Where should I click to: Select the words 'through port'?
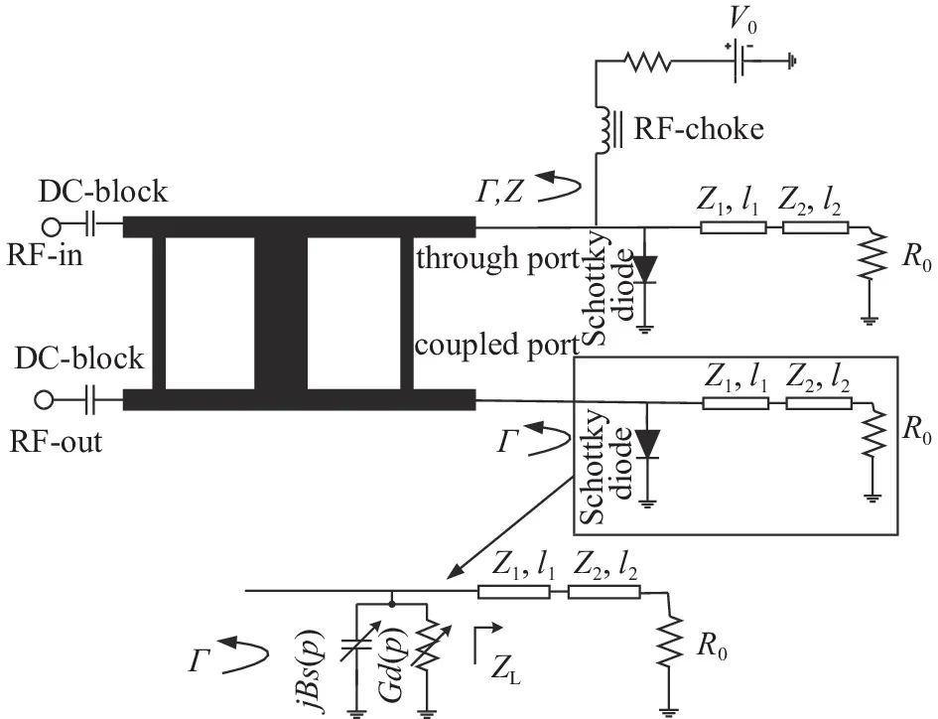[496, 260]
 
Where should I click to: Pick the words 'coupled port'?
[496, 347]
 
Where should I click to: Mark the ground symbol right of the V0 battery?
[791, 62]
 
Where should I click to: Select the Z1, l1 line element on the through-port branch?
[733, 227]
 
